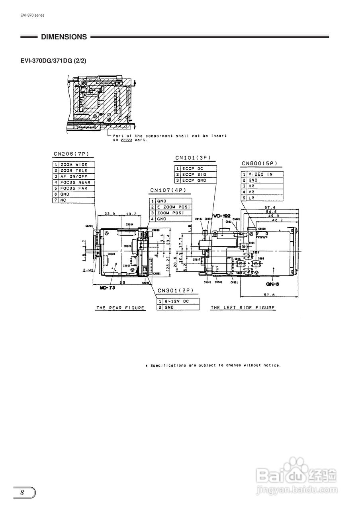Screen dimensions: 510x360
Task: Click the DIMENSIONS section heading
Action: [64, 37]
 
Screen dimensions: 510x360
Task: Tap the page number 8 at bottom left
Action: [23, 492]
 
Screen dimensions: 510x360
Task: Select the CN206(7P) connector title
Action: [71, 154]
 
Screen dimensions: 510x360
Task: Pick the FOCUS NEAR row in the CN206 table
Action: [75, 182]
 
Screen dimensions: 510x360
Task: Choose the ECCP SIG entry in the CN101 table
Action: [194, 175]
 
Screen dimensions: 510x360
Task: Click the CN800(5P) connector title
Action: [259, 163]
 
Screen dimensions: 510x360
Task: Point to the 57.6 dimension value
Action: [270, 295]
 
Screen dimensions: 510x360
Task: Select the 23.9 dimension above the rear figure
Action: [110, 214]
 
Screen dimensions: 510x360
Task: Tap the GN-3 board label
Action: [272, 284]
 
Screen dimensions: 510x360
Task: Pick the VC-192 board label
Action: [222, 216]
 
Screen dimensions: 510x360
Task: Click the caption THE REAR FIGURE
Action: [120, 308]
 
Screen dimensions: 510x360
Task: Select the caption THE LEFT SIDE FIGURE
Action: [243, 308]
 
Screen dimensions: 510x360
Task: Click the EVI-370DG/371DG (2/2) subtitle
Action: [53, 61]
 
